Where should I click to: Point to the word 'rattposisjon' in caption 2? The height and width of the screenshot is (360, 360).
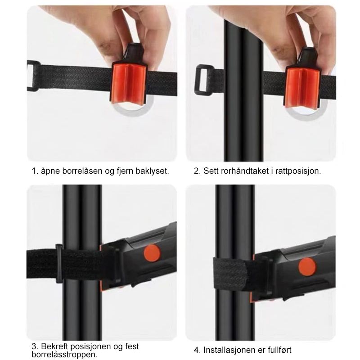[298, 171]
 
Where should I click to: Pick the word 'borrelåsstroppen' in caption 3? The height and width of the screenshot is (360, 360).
[64, 355]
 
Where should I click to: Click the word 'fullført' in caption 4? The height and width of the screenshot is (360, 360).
[279, 350]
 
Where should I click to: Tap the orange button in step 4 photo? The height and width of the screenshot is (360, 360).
[307, 267]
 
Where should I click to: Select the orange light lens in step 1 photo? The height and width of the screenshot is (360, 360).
[129, 84]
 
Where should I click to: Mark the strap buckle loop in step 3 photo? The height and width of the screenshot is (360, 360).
[59, 264]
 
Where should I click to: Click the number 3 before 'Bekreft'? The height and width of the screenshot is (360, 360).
[34, 346]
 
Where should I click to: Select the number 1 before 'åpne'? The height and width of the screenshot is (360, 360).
[34, 171]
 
